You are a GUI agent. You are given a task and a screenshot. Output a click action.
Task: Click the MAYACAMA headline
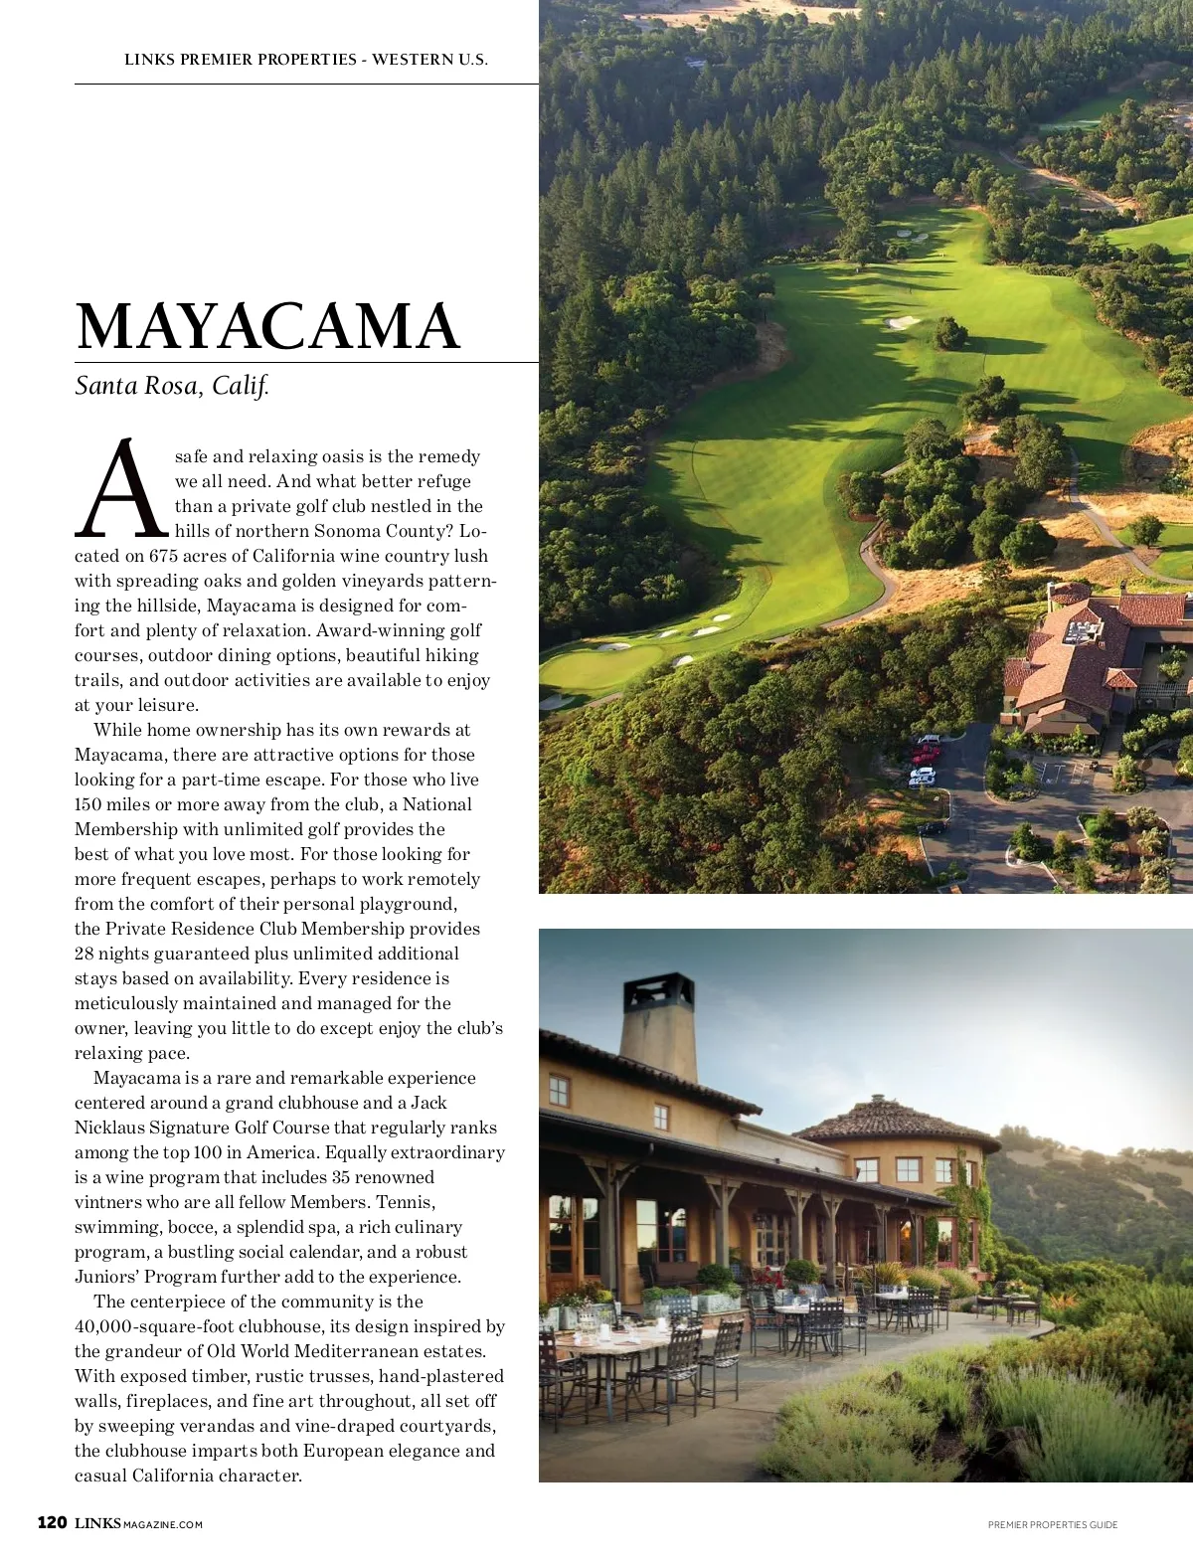(267, 326)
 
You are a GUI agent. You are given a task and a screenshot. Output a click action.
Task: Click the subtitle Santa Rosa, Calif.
(172, 386)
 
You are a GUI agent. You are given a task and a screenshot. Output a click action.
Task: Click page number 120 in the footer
(52, 1523)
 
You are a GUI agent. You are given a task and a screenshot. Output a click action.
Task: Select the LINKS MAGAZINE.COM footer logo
(138, 1524)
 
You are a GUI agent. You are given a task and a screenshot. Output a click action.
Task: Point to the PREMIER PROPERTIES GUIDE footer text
(1052, 1525)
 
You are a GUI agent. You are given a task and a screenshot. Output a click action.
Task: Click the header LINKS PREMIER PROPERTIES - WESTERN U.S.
(305, 60)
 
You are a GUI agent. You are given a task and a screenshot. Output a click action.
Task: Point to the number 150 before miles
(87, 804)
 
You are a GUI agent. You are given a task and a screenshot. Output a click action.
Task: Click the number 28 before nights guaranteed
(85, 954)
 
